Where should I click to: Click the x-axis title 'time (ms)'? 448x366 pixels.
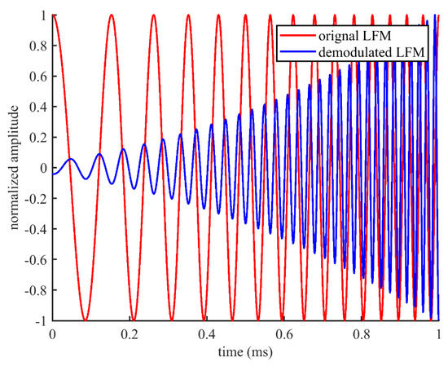245,353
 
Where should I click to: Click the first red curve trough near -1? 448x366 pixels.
83,319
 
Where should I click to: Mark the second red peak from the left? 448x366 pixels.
112,15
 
